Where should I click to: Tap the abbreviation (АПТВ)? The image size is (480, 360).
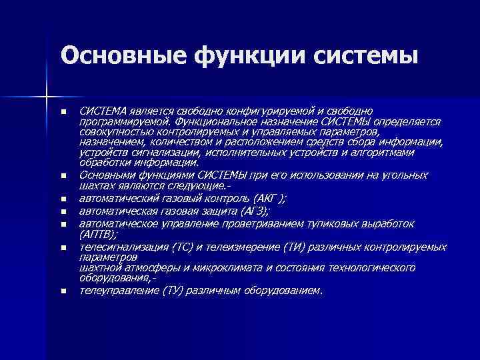[99, 235]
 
